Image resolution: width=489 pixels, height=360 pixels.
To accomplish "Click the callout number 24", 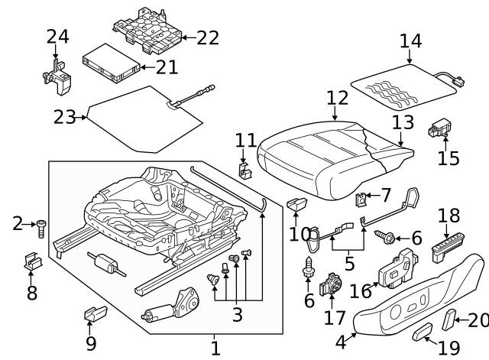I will [x=57, y=36].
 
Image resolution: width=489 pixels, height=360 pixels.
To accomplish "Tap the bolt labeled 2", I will [x=42, y=228].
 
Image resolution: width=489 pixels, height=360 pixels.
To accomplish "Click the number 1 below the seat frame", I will [x=215, y=349].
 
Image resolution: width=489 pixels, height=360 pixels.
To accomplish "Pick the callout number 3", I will [x=238, y=313].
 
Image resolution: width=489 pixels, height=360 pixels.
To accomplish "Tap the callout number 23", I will [x=65, y=117].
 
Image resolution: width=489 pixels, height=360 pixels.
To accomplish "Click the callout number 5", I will [x=349, y=264].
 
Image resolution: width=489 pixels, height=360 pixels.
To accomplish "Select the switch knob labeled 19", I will [x=421, y=330].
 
